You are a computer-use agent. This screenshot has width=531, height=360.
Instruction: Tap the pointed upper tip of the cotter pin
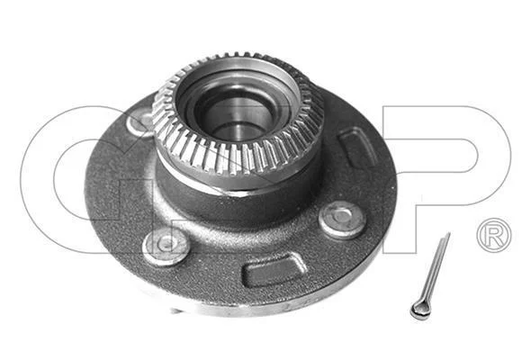tap(449, 233)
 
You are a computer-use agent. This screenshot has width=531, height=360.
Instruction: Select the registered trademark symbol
tap(494, 235)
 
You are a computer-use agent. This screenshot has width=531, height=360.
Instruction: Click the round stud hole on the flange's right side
tap(342, 220)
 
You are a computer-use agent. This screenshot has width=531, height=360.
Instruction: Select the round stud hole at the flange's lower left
tap(166, 246)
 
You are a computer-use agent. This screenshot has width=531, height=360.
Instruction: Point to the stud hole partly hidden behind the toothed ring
tap(139, 121)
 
